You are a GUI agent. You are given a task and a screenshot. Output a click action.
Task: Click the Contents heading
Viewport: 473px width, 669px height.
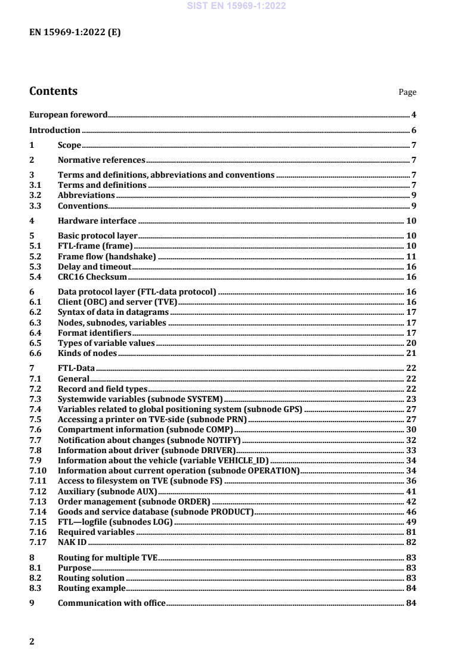click(x=53, y=91)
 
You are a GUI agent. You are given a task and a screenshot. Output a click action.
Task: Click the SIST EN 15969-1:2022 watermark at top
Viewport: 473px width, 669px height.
click(x=237, y=6)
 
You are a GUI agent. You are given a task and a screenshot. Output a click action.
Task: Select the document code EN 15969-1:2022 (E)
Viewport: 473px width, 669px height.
click(x=75, y=33)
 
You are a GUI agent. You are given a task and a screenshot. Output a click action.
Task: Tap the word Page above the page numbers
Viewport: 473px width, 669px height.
click(x=407, y=92)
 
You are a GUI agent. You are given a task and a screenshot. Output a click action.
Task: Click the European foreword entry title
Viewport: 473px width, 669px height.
click(x=69, y=114)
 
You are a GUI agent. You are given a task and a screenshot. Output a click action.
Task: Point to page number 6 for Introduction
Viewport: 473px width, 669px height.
click(x=413, y=130)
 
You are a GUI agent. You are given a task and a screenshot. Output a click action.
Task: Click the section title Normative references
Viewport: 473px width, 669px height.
click(x=101, y=160)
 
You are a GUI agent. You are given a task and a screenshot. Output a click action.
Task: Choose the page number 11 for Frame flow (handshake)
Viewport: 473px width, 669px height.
click(x=412, y=256)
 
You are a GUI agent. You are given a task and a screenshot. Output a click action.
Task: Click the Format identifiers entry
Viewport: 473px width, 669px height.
click(x=94, y=333)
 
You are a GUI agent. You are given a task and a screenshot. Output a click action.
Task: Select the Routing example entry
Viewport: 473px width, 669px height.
click(x=91, y=588)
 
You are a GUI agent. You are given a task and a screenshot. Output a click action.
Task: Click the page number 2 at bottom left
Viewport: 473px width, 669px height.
click(x=32, y=642)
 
